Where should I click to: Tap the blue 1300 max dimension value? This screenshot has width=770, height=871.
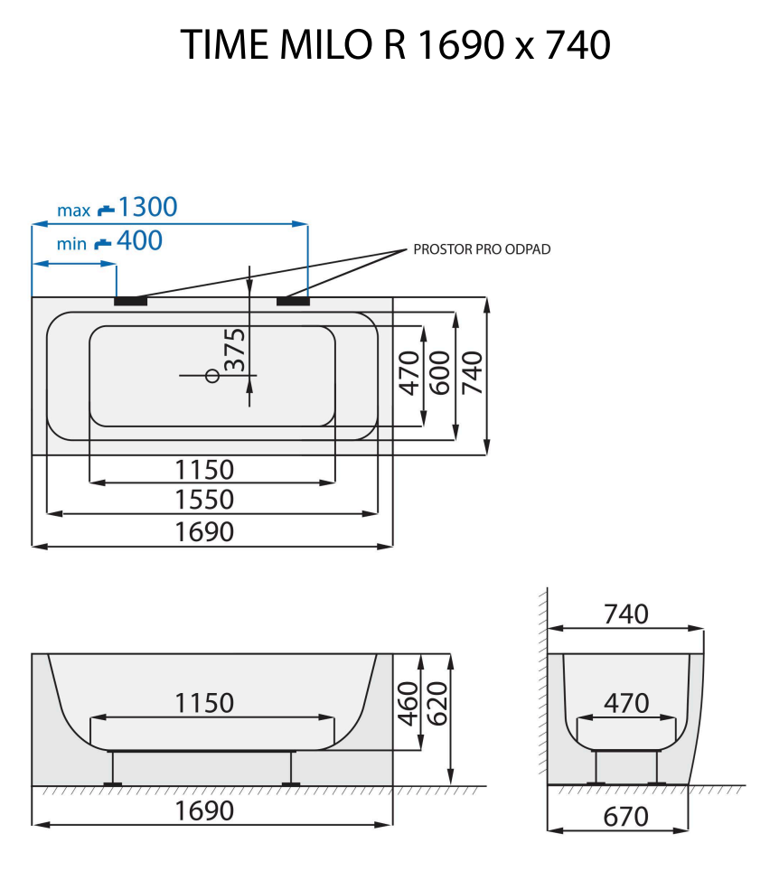(147, 208)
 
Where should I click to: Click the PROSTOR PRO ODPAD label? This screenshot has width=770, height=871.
(482, 249)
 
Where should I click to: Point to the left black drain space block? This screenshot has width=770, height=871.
(130, 300)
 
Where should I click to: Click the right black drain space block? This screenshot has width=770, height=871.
(293, 300)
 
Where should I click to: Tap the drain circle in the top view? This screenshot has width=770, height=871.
(213, 375)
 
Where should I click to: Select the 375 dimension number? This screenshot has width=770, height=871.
(235, 350)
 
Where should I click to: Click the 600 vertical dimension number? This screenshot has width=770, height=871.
(440, 372)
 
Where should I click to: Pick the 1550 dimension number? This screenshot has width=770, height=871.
(204, 500)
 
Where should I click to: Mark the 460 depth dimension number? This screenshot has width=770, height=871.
(408, 703)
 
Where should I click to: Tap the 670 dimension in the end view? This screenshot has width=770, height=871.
(625, 817)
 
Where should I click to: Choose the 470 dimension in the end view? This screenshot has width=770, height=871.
(626, 703)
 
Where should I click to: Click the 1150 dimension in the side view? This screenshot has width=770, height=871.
(204, 703)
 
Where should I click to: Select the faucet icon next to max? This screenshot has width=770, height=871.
(107, 210)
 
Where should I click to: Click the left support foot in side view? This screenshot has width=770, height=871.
(113, 770)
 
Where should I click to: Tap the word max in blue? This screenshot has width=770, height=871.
(74, 211)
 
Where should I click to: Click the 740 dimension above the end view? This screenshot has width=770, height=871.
(625, 614)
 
